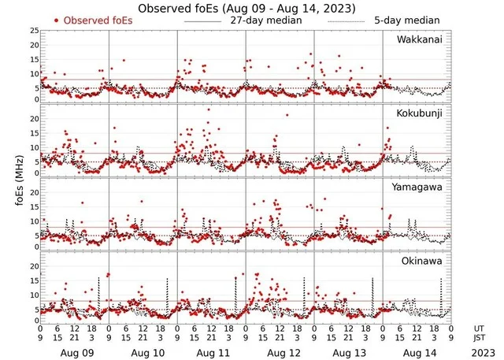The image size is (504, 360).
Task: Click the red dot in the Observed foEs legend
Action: click(57, 20)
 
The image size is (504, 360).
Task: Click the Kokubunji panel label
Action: click(421, 114)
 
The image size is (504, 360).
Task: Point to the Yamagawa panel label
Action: click(420, 187)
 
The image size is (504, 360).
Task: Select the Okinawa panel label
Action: click(423, 260)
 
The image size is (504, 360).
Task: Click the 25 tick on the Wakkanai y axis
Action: click(33, 31)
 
